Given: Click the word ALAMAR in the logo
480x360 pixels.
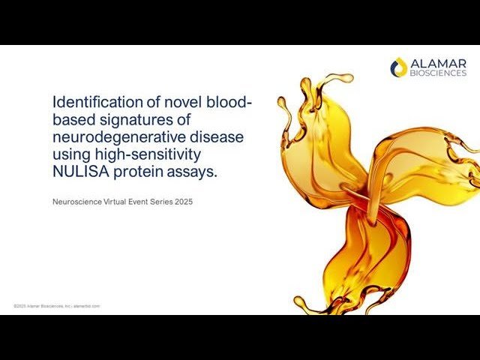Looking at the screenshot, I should pos(438,63).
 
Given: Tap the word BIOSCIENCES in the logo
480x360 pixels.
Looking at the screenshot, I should pos(438,73).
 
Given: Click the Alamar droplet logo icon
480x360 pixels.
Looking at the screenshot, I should pos(399,67).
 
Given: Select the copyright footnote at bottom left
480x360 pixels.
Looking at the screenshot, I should pos(56,306).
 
